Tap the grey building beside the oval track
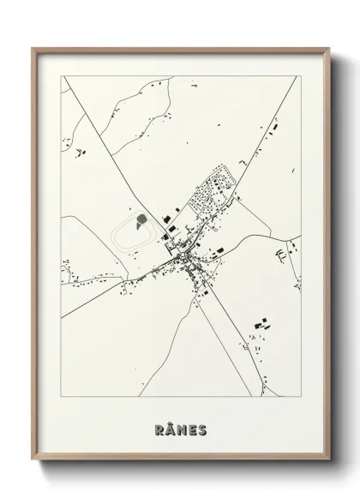(139, 225)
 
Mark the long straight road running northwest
(111, 163)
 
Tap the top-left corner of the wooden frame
(34, 49)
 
